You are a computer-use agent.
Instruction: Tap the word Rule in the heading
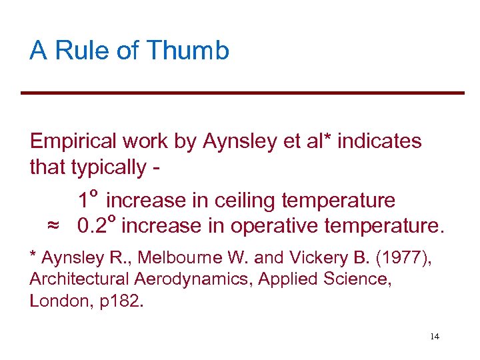coord(76,51)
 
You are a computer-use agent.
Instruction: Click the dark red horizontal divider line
coord(242,93)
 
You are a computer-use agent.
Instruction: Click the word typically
coord(109,167)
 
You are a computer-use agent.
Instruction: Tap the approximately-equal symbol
coord(53,226)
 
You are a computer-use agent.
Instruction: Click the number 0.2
coord(92,226)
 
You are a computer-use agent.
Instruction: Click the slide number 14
coord(435,337)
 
